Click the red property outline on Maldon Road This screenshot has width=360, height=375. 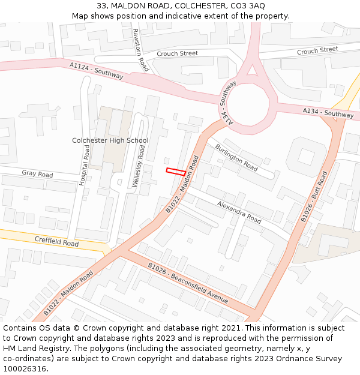tap(175, 172)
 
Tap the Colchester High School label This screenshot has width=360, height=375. tap(110, 140)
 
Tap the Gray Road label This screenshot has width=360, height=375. tap(37, 174)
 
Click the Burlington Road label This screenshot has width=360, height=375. tap(236, 157)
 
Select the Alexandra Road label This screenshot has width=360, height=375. tap(239, 212)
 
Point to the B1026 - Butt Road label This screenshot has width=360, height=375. tap(314, 197)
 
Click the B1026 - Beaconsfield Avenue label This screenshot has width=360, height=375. tap(188, 283)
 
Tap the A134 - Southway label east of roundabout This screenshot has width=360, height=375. tap(328, 112)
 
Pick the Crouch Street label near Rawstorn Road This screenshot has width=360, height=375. tap(177, 54)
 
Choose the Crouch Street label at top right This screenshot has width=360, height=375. tap(317, 51)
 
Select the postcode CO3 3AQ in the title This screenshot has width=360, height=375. tap(242, 5)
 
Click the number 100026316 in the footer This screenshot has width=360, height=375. tap(24, 369)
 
